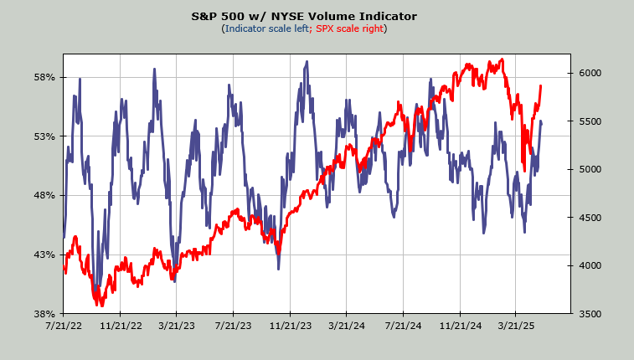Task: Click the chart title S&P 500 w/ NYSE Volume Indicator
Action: [x=316, y=17]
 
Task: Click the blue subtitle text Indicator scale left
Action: [x=265, y=29]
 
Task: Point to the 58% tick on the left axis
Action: [x=44, y=78]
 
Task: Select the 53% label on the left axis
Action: [x=44, y=136]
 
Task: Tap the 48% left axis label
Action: [x=44, y=196]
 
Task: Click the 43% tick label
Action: [x=44, y=255]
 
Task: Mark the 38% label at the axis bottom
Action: [x=44, y=314]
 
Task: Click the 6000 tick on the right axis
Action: [x=591, y=74]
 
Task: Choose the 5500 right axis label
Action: [x=591, y=122]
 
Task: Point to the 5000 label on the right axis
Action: [x=591, y=170]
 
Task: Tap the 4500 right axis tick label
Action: [x=591, y=219]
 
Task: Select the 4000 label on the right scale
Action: [x=591, y=266]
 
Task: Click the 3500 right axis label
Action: [x=591, y=314]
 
